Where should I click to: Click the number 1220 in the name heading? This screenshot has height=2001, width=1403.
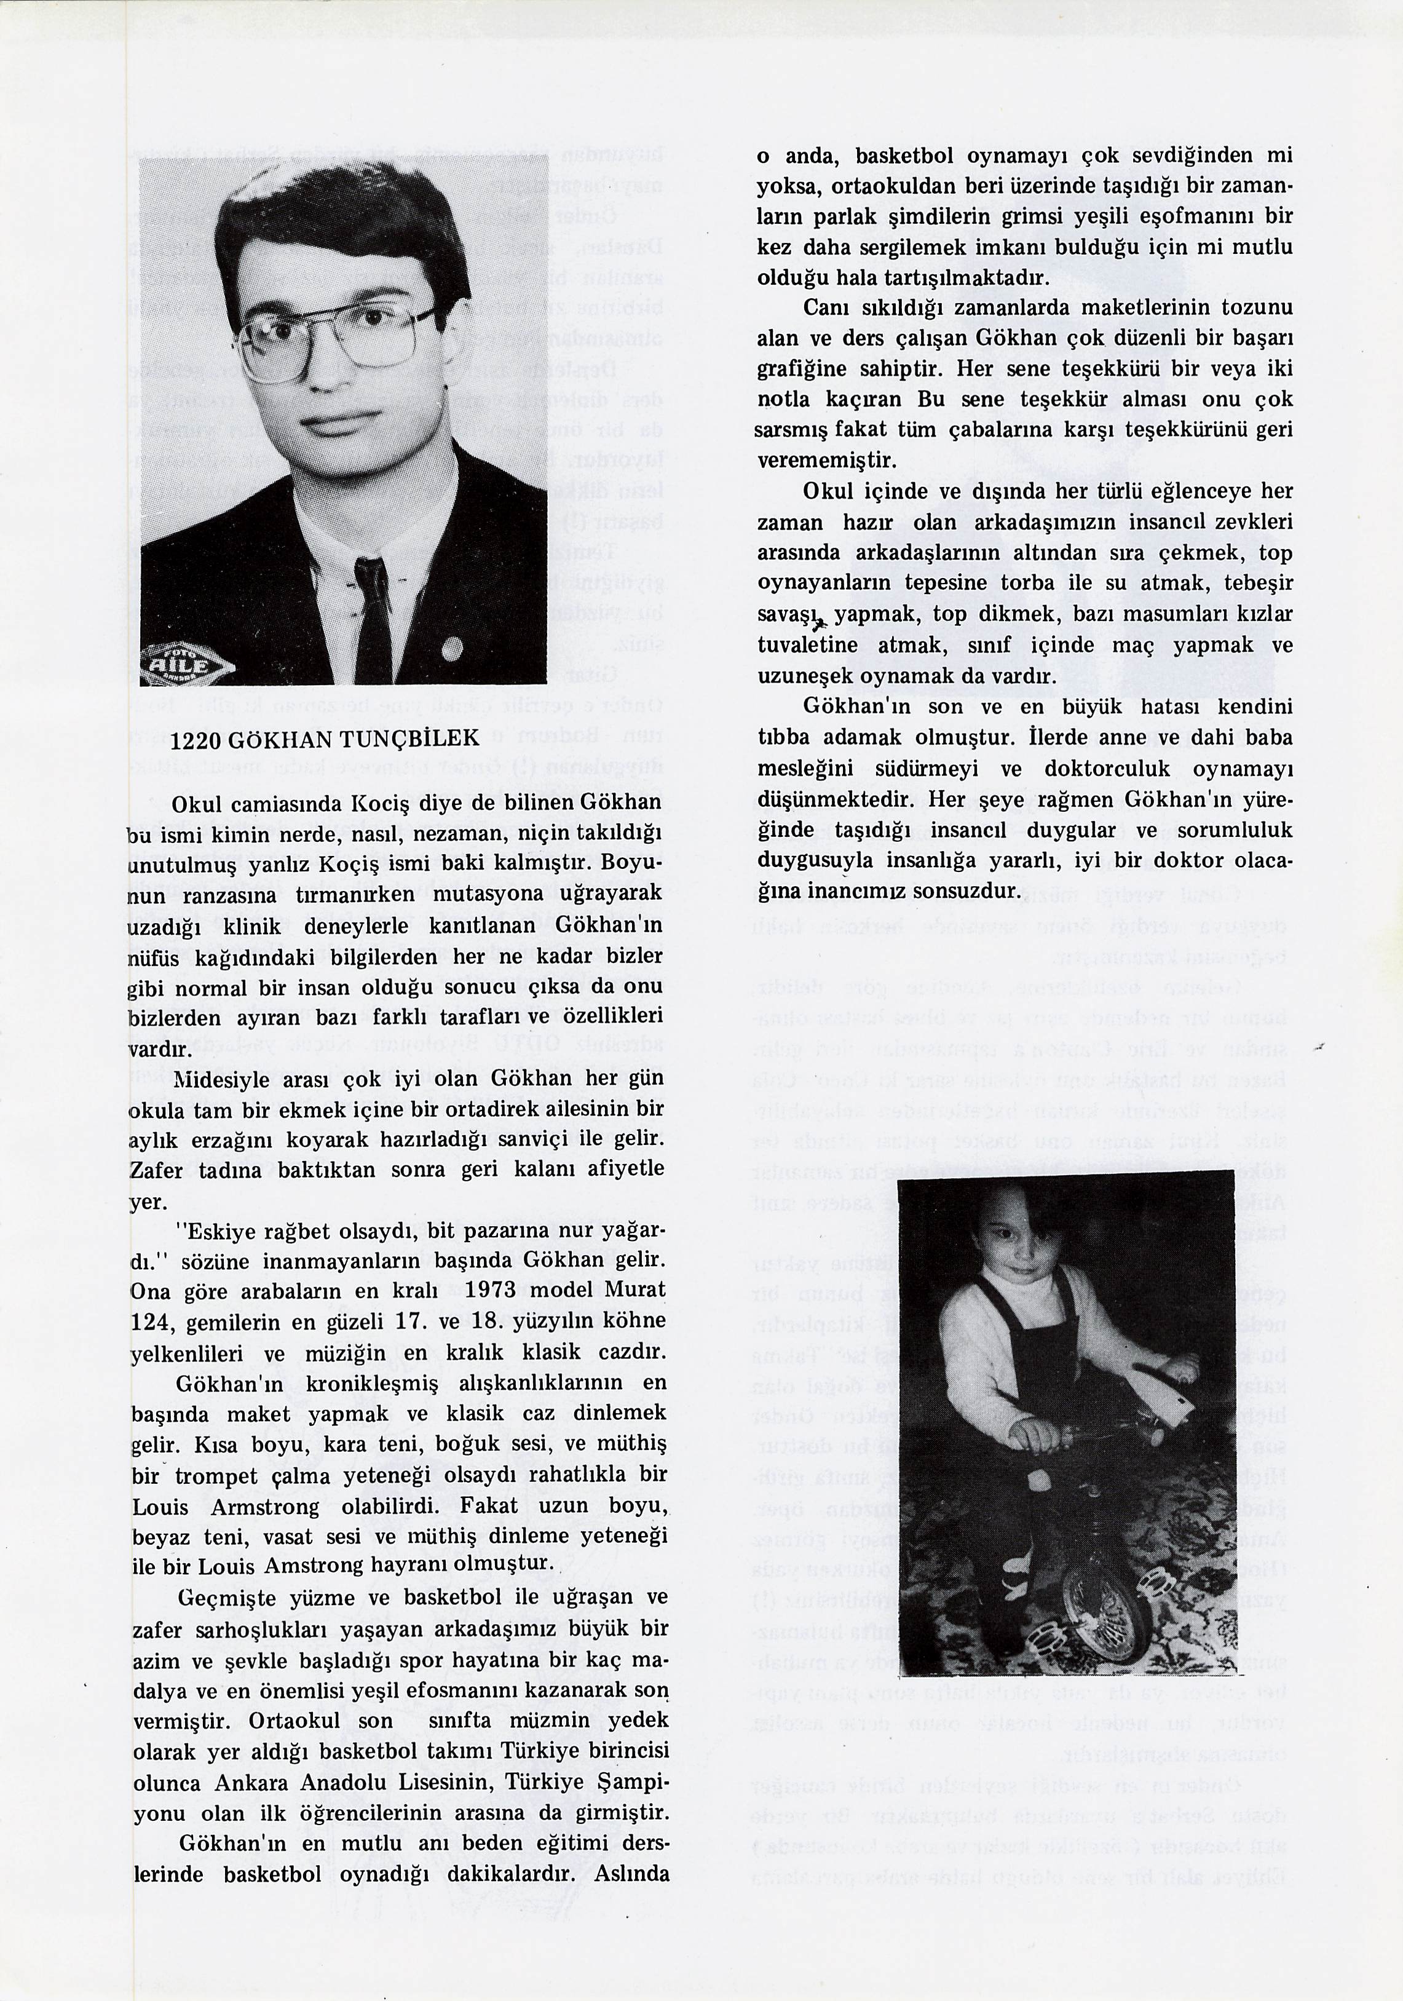192,739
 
